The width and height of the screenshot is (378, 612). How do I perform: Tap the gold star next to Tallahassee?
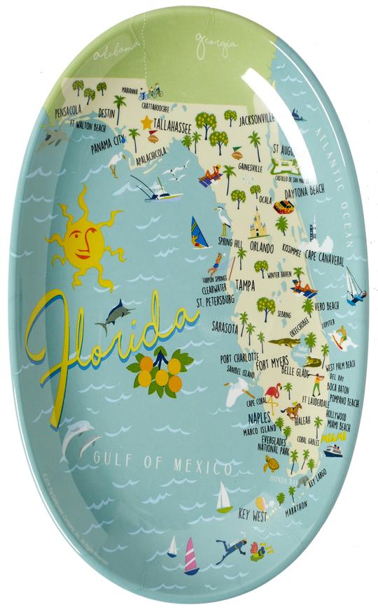pos(146,123)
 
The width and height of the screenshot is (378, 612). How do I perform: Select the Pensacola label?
pos(62,110)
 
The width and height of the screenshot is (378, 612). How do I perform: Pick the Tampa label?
pos(245,285)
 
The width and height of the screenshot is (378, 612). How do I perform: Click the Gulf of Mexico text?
pos(162,462)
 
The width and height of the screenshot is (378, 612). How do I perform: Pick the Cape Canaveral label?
pos(324,261)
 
